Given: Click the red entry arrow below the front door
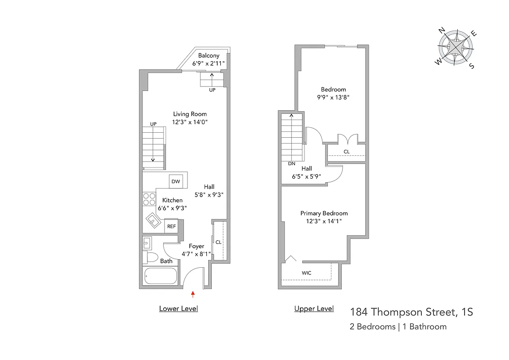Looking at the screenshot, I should [x=193, y=294].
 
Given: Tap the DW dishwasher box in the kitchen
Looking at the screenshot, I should [x=175, y=181].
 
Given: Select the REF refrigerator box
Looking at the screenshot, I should [x=171, y=226].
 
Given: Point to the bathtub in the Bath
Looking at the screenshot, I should [x=161, y=276].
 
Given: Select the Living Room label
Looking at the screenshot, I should [x=190, y=114].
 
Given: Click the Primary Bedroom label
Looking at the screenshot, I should [x=324, y=213].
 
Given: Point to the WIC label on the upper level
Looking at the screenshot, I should [x=306, y=273].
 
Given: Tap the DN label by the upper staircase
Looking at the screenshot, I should [x=291, y=164].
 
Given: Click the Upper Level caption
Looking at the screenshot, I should [x=314, y=309].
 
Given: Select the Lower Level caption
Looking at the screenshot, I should [x=179, y=309].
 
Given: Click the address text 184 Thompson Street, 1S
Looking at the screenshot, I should [x=411, y=312].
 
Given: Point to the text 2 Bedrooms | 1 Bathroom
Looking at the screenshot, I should [x=398, y=327].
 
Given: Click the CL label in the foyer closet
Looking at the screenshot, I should [x=218, y=242].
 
